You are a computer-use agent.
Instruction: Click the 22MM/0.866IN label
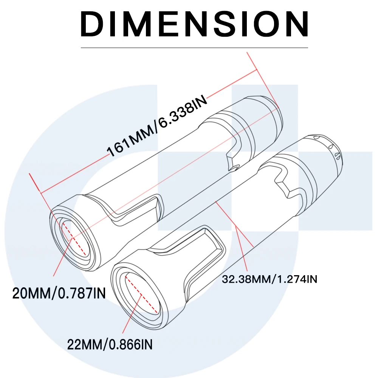pyautogui.click(x=110, y=344)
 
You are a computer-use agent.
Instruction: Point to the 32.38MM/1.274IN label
pyautogui.click(x=270, y=279)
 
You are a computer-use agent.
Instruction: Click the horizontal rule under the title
pyautogui.click(x=195, y=48)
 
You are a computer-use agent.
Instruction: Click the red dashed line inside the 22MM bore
pyautogui.click(x=141, y=293)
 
